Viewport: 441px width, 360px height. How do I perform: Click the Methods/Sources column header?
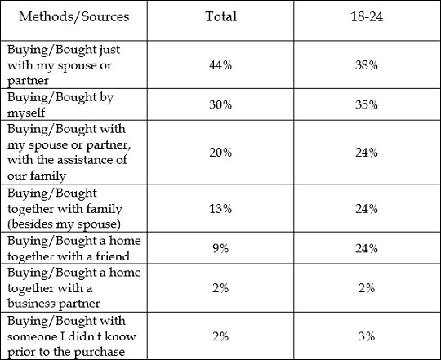click(74, 16)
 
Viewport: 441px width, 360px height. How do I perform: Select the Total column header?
click(220, 16)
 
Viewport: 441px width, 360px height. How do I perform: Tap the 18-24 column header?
click(367, 16)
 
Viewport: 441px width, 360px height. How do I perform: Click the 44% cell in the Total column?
click(220, 65)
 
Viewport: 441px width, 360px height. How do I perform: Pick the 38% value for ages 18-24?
click(367, 65)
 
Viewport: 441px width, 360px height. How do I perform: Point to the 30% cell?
click(220, 104)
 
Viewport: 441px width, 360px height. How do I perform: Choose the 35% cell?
click(367, 104)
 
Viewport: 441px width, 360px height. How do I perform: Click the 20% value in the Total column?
click(220, 153)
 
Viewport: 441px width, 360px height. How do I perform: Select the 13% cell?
click(220, 209)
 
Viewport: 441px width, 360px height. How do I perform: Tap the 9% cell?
click(220, 248)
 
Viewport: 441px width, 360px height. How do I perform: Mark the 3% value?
click(367, 336)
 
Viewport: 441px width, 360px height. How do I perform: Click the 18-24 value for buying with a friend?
click(367, 248)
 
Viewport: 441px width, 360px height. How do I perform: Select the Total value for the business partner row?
click(220, 288)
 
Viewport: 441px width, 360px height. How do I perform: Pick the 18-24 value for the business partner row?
click(367, 288)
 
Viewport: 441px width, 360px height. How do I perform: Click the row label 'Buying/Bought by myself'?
click(60, 104)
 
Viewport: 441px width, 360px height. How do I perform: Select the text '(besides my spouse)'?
click(65, 224)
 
